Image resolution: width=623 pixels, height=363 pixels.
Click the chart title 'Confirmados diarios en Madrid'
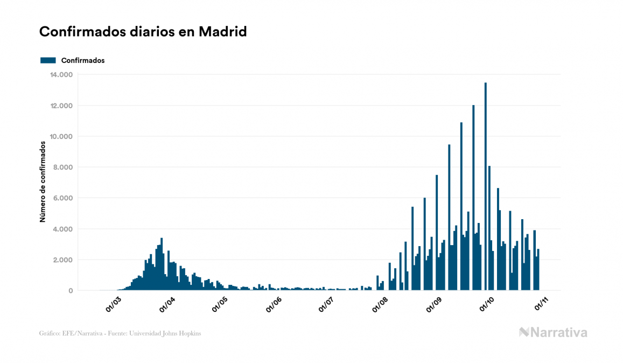click(x=143, y=32)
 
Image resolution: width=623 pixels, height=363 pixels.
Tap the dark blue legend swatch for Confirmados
click(x=48, y=60)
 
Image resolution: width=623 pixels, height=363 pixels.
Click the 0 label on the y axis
click(x=70, y=291)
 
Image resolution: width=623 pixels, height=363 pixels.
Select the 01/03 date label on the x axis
click(x=113, y=304)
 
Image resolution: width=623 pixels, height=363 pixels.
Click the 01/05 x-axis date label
click(x=220, y=304)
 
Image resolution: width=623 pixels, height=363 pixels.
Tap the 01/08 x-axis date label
click(x=380, y=304)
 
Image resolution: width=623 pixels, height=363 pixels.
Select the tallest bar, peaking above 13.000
click(x=486, y=189)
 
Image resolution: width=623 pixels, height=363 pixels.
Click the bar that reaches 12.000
click(x=473, y=199)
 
